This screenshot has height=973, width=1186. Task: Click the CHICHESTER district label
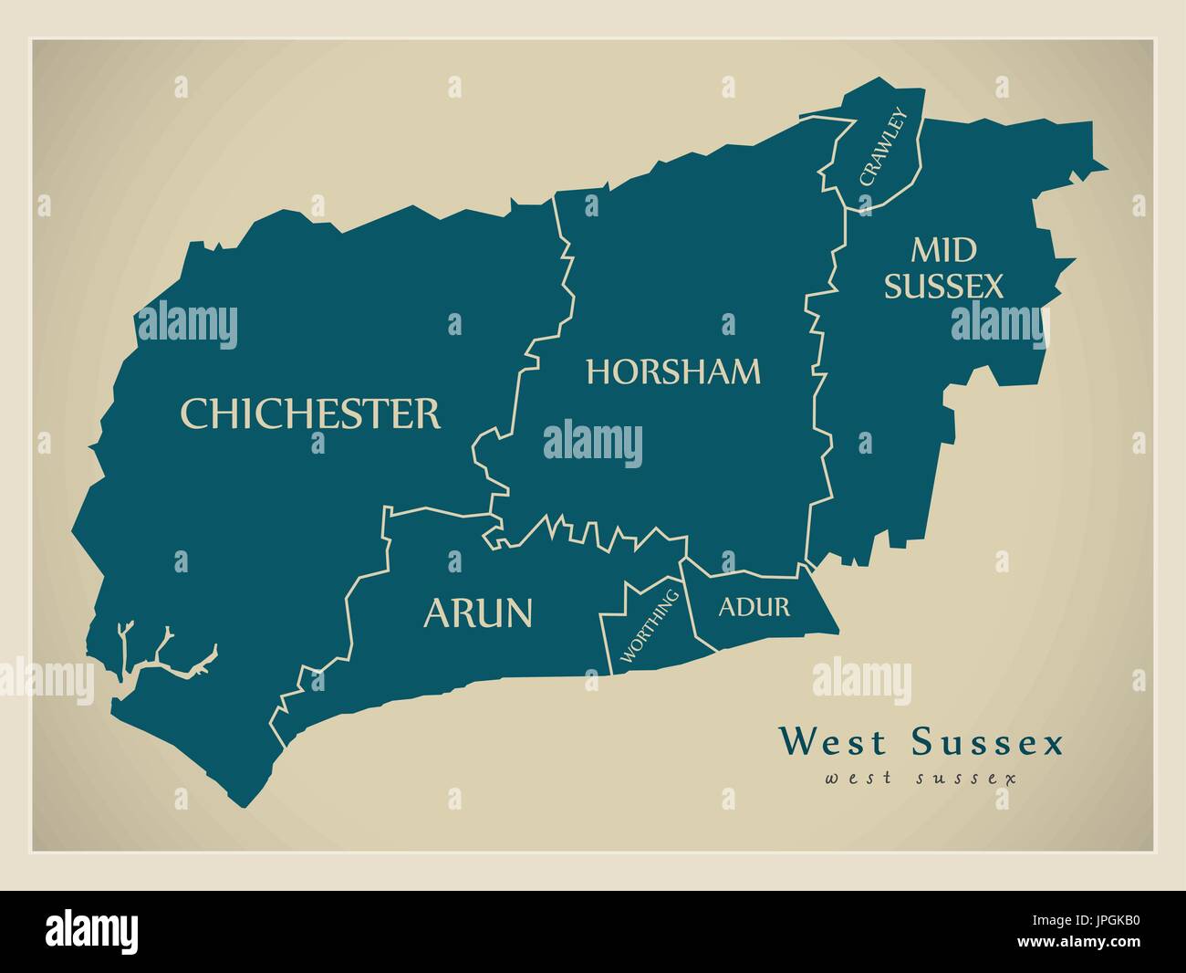tap(310, 413)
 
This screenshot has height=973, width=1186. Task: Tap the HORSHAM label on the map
tap(673, 371)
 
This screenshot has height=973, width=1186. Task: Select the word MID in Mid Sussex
tap(943, 249)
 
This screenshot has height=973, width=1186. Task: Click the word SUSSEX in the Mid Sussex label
tap(943, 287)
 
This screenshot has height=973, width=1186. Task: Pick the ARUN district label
tap(477, 613)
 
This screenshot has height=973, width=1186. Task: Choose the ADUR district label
tap(754, 607)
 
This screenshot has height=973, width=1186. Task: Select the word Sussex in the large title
tap(987, 742)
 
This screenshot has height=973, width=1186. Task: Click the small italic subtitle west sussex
tap(921, 779)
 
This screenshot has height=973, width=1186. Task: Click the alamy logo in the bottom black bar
tap(93, 931)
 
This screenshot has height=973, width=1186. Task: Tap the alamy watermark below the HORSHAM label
tap(593, 444)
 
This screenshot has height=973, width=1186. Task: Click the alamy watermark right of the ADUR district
tap(861, 680)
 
